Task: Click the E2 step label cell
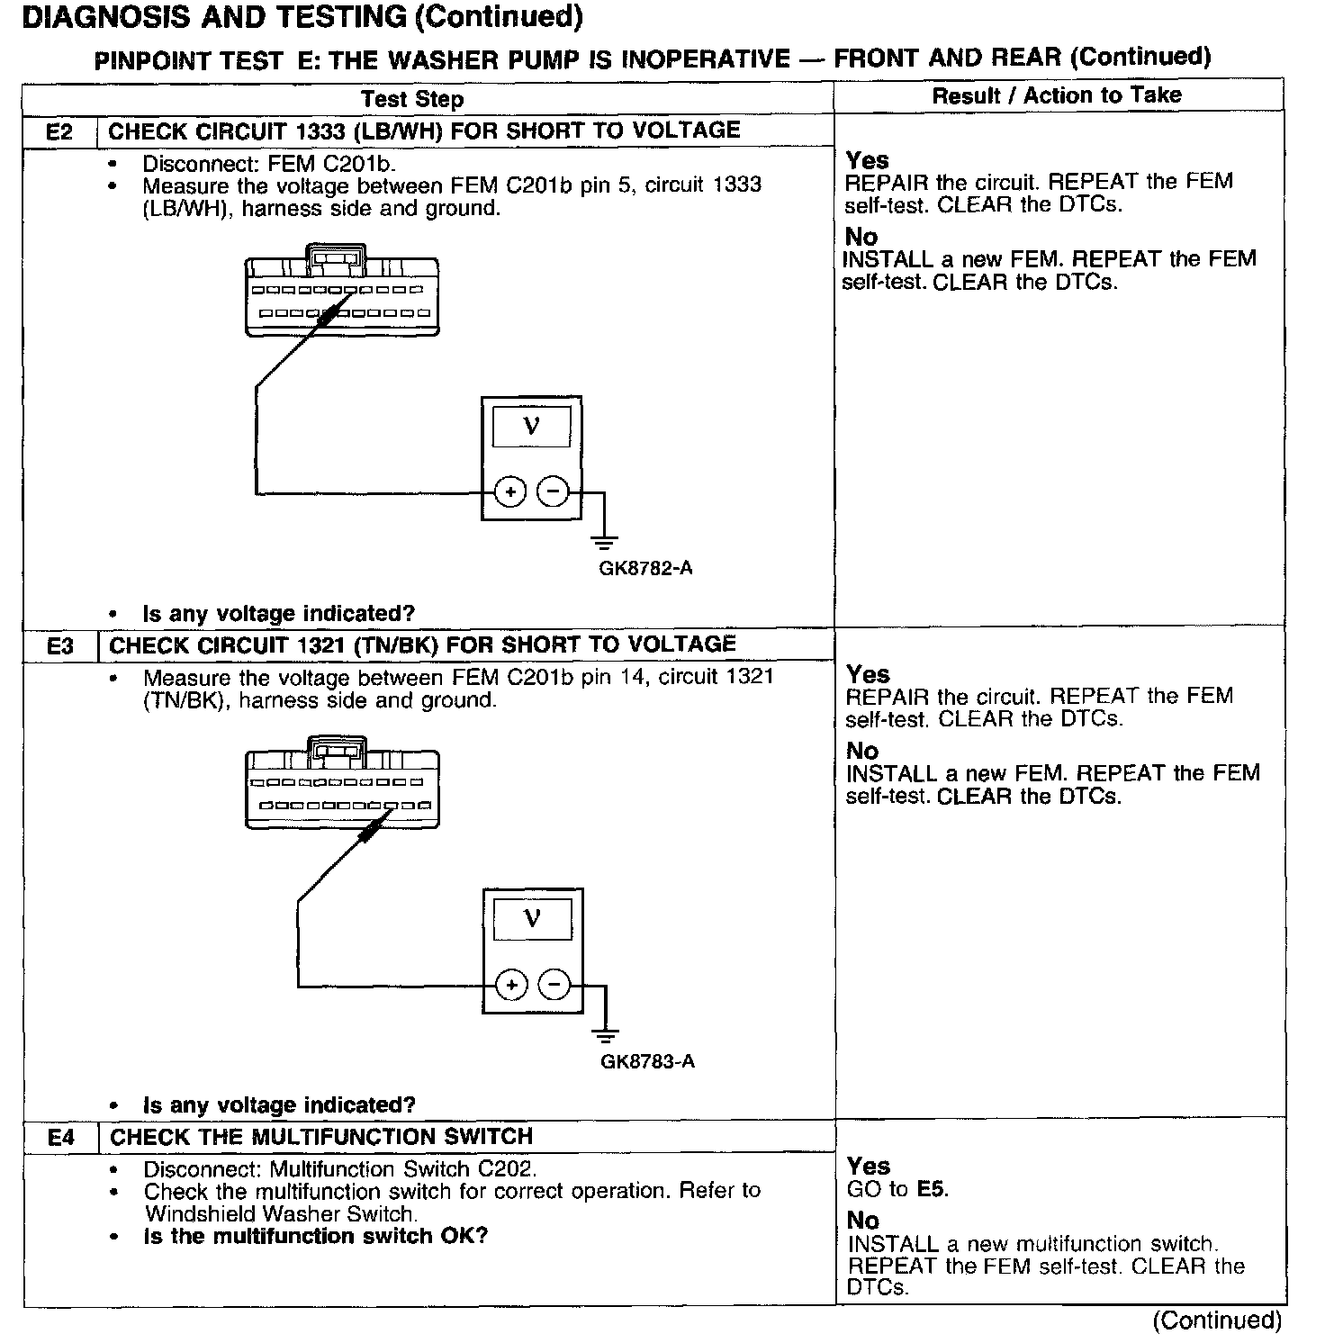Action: click(59, 132)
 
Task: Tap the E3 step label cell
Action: click(59, 646)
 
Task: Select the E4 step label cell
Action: click(60, 1138)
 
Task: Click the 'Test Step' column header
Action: click(412, 99)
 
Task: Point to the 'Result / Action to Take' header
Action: click(1057, 95)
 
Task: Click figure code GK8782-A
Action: click(645, 569)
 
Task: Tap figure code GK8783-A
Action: click(647, 1061)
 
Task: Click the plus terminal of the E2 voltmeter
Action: click(510, 492)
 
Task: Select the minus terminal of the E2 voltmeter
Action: click(553, 491)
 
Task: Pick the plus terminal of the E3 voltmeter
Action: click(511, 985)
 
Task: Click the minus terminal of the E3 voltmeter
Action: click(554, 985)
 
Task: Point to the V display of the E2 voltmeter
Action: click(531, 426)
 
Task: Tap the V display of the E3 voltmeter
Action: click(532, 919)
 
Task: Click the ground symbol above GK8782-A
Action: click(604, 542)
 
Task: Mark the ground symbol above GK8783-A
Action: click(606, 1034)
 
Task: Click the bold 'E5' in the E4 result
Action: click(933, 1190)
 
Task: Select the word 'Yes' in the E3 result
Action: click(868, 674)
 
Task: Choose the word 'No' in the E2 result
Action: click(861, 237)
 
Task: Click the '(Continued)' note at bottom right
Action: click(1217, 1320)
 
